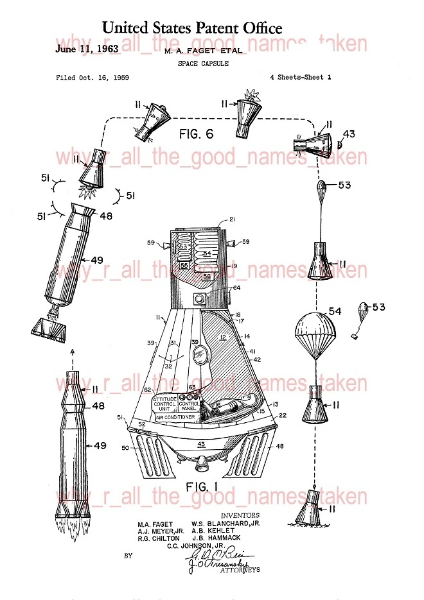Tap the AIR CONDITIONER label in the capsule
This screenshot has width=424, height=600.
click(173, 417)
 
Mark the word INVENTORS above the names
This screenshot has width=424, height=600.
click(240, 515)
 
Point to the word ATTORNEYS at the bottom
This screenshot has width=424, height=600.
click(240, 570)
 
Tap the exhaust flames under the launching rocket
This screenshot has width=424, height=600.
click(70, 510)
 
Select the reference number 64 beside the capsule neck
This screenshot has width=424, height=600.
click(237, 287)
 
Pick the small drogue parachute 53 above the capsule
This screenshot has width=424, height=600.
click(323, 190)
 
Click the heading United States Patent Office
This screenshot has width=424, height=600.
click(192, 28)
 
